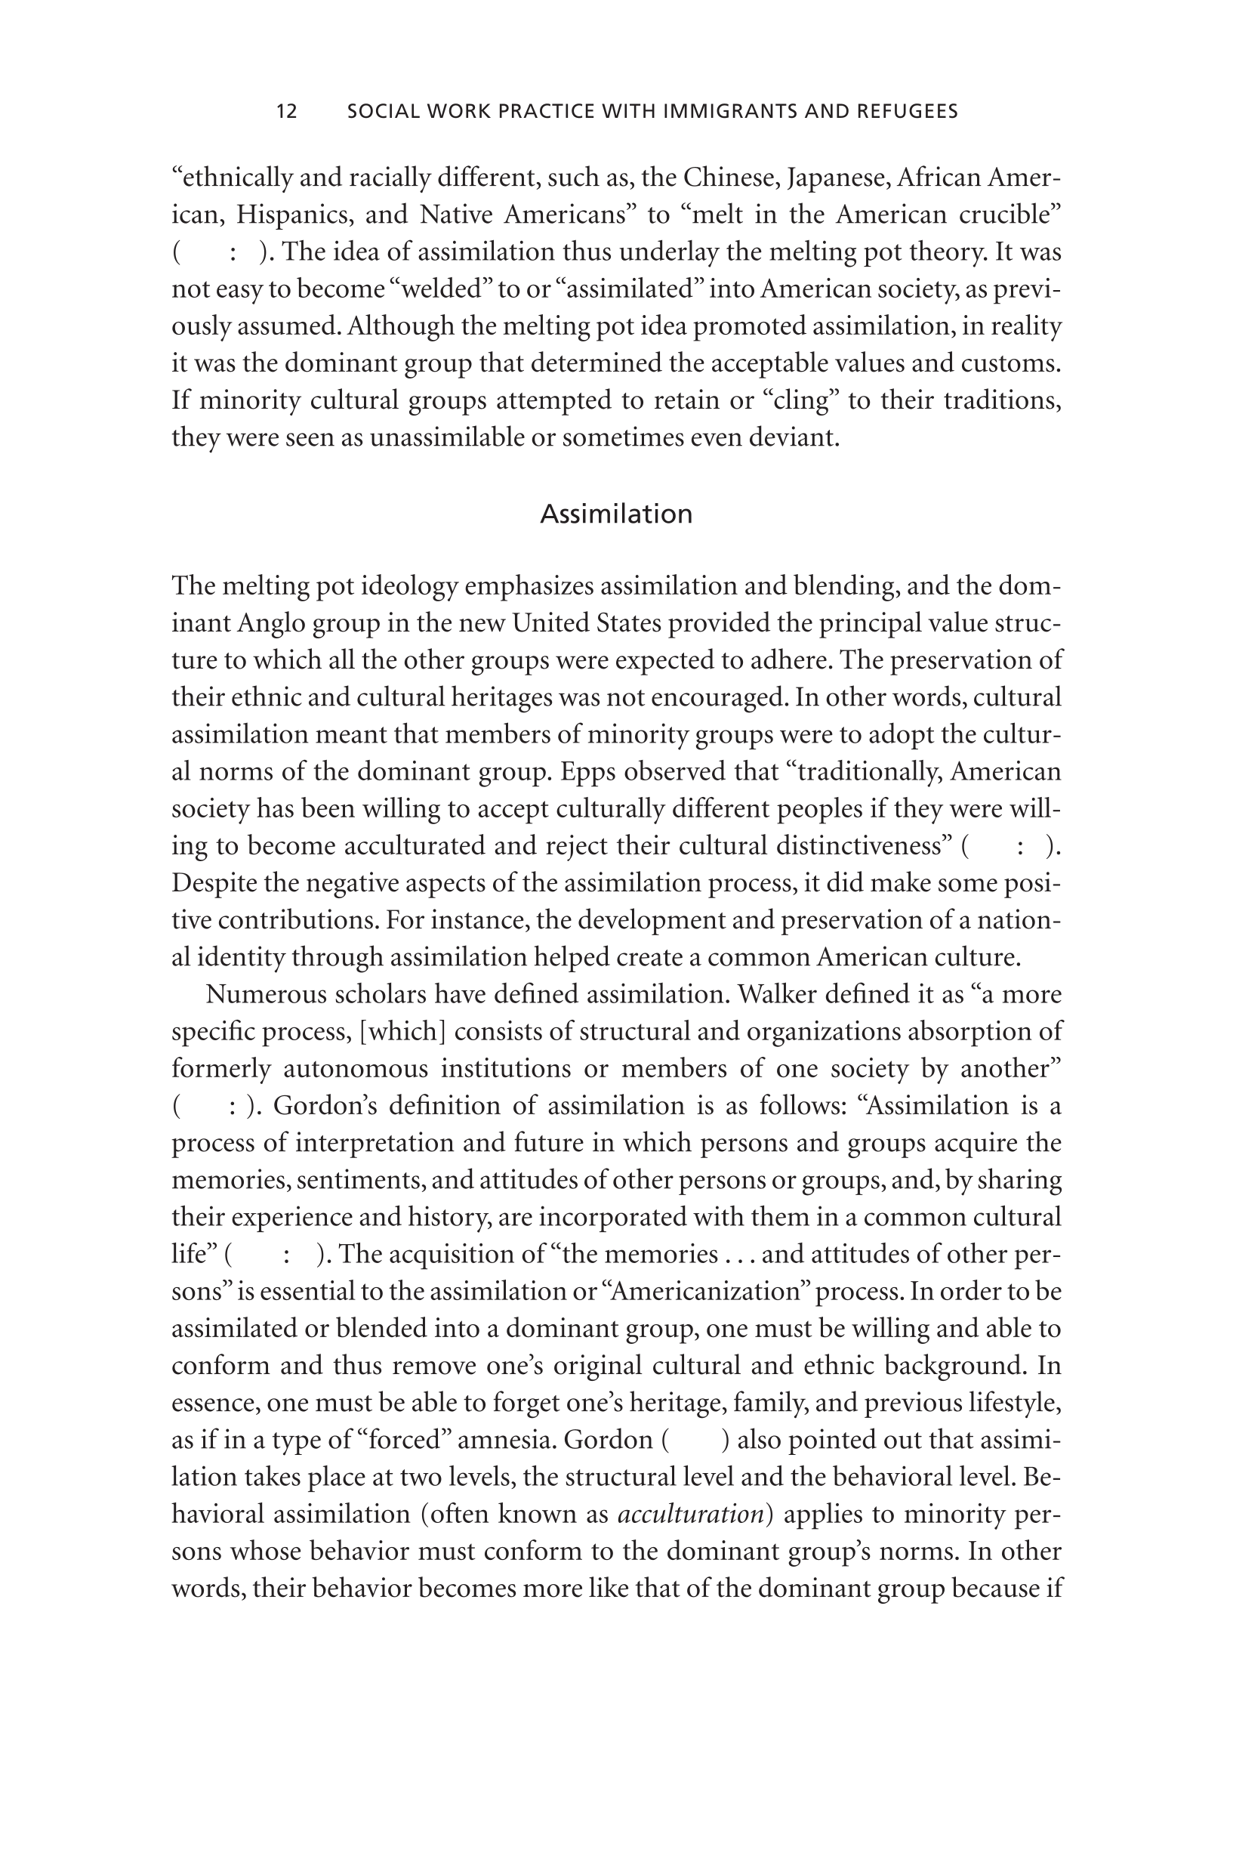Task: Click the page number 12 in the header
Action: (x=287, y=112)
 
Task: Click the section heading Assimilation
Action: (x=616, y=514)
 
